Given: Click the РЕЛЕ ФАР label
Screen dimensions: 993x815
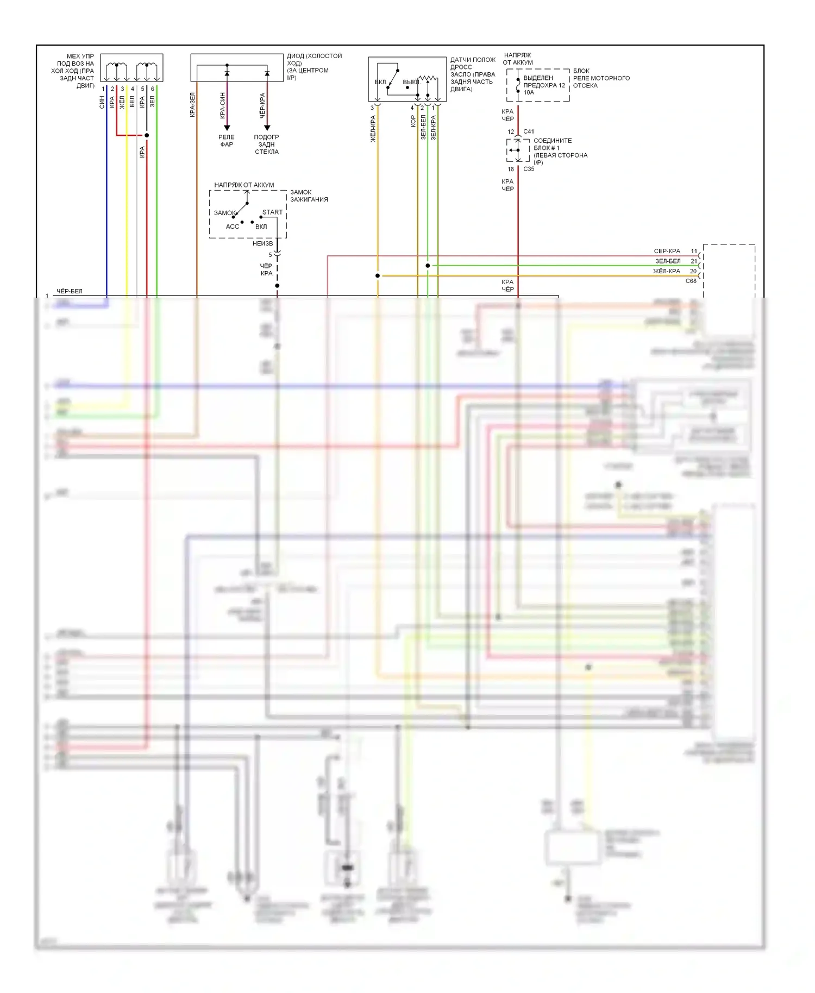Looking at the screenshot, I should coord(227,141).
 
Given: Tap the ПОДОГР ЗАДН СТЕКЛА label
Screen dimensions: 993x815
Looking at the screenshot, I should coord(267,144).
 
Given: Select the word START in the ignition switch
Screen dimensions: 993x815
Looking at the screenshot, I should coord(272,212).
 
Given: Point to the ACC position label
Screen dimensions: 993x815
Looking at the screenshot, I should coord(233,227).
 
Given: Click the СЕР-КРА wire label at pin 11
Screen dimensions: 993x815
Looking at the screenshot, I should coord(667,252).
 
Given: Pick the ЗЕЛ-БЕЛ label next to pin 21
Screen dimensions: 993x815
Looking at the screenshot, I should coord(668,261).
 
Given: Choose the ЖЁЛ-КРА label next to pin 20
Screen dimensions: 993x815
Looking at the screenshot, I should coord(667,271).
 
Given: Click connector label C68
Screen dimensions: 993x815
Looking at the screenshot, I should coord(691,281).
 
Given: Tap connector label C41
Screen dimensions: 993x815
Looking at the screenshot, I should coord(529,131).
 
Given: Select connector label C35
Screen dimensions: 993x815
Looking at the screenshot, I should coord(529,169).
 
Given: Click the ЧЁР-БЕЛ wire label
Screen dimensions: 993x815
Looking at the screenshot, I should coord(70,291).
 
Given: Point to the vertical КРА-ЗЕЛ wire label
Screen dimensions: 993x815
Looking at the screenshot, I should coord(192,105).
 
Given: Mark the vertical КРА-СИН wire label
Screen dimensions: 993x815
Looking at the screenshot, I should coord(223,105).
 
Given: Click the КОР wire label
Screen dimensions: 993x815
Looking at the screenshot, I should coord(413,121).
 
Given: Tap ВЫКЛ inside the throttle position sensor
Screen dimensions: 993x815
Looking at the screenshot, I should coord(411,82).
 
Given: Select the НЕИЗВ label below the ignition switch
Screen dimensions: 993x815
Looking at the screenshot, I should coord(262,243).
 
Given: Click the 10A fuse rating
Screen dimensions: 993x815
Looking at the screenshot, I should coord(529,92).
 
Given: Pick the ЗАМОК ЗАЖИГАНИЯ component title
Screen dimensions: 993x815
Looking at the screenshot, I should coord(309,196).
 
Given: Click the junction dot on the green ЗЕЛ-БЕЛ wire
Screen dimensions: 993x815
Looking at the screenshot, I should coord(428,266).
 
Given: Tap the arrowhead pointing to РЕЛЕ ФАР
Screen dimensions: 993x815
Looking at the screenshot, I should coord(227,128).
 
